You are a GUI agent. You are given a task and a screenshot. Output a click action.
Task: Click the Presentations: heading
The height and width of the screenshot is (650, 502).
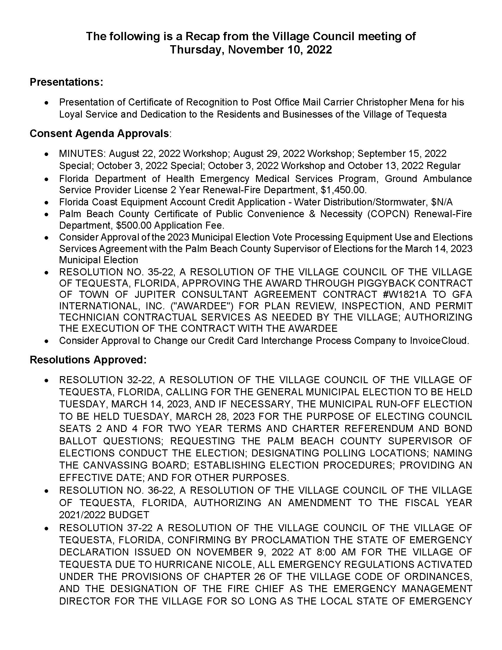click(x=66, y=82)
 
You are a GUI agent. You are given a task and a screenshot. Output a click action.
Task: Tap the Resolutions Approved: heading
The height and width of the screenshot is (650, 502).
click(x=88, y=360)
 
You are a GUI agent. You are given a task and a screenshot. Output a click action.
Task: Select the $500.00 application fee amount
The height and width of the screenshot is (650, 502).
click(x=130, y=225)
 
